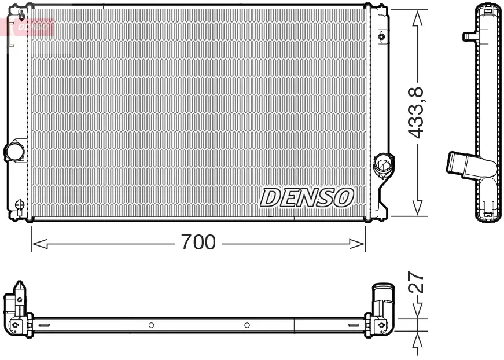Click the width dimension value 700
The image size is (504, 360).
click(198, 243)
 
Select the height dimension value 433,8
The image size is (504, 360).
click(417, 112)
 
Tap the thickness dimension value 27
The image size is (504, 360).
click(417, 284)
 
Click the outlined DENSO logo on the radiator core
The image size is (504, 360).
click(307, 197)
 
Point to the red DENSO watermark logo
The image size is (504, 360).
click(32, 26)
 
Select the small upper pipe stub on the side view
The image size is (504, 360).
click(469, 36)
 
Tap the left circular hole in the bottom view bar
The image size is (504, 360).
click(151, 325)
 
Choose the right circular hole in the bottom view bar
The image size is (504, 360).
click(247, 325)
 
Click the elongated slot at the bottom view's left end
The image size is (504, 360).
click(45, 326)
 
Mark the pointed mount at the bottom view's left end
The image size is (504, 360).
click(19, 288)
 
